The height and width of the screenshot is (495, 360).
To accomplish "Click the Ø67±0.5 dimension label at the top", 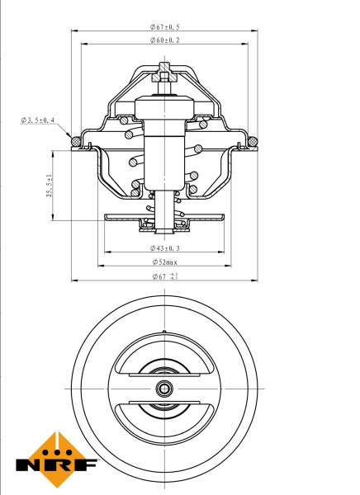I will tap(166, 27).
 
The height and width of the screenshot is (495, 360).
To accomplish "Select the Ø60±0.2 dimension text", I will tap(166, 40).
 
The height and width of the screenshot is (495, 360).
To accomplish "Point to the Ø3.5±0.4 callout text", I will tap(38, 120).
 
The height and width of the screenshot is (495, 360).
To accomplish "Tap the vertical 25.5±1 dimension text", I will tap(50, 186).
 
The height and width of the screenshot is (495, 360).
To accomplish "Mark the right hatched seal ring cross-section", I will tap(251, 142).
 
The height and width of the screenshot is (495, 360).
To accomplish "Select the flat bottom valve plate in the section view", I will tap(165, 218).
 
